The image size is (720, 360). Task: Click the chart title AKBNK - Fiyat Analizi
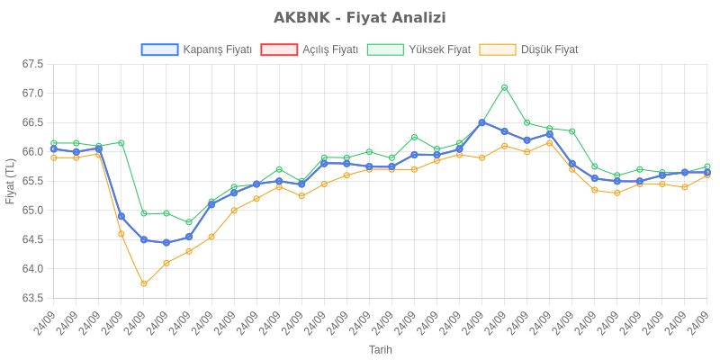click(x=360, y=18)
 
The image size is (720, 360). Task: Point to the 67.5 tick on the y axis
click(x=33, y=64)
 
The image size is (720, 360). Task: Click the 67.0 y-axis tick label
click(x=33, y=94)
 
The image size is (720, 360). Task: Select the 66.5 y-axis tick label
click(x=33, y=122)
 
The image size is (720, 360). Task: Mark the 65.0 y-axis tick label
click(x=33, y=211)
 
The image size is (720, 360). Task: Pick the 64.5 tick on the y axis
click(x=33, y=239)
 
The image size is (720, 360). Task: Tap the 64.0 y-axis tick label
click(x=33, y=269)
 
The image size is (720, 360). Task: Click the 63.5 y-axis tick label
click(x=33, y=298)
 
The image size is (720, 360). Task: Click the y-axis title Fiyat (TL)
click(x=10, y=181)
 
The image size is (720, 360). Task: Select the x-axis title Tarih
click(x=381, y=349)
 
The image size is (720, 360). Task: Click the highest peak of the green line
click(x=505, y=87)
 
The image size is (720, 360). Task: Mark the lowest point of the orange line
click(x=144, y=283)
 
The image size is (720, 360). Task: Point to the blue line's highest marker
click(x=482, y=122)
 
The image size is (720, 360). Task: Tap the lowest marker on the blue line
click(x=166, y=243)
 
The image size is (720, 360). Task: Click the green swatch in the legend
click(x=386, y=49)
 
